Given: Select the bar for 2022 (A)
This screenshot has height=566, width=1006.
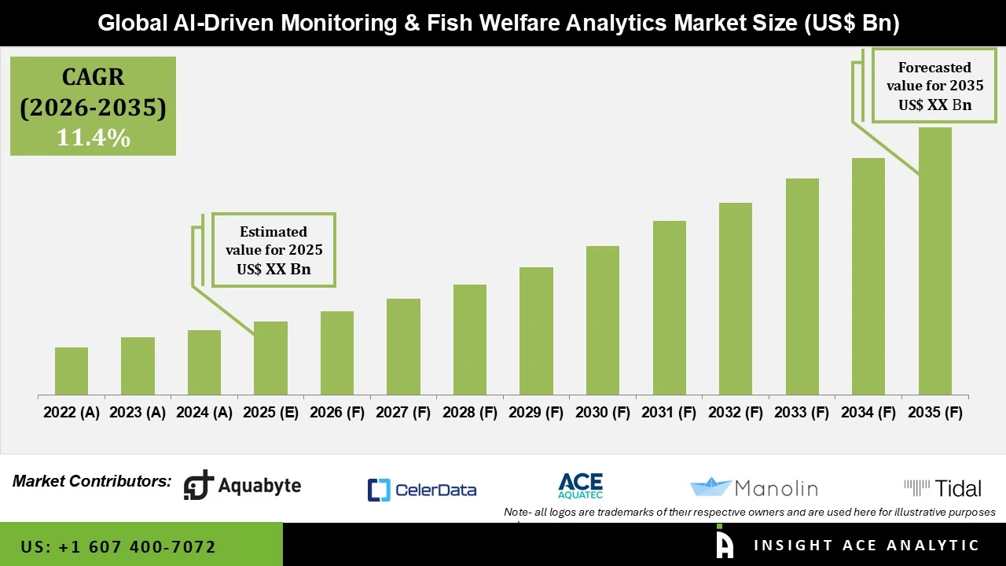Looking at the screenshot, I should coord(72,371).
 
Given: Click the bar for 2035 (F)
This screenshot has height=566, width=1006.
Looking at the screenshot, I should coord(934,261).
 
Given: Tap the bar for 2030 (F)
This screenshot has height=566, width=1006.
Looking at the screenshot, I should coord(603,320).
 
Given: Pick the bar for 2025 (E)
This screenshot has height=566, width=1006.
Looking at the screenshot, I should coord(270,358).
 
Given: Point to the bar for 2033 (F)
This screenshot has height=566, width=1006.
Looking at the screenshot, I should coord(802,286).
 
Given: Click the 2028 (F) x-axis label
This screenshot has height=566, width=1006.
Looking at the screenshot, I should coord(470,413).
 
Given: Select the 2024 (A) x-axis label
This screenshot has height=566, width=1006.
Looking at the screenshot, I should coord(204,413).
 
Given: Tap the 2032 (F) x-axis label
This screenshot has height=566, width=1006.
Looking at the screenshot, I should coord(736,413).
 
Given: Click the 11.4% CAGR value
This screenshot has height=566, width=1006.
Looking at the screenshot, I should coord(93,138).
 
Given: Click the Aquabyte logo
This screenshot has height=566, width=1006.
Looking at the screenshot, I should coord(242,486).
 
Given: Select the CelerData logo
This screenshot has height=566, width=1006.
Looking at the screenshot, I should coord(422,490).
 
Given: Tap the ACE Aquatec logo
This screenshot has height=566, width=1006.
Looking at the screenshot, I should coord(580,486).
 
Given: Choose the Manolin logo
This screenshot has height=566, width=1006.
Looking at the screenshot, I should coord(754,488).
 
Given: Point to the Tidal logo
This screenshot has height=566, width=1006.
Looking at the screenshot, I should coord(942,488).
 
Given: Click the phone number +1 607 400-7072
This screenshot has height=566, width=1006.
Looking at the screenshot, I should coord(118,546).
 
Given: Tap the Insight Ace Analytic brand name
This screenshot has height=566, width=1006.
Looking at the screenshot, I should coord(866,546).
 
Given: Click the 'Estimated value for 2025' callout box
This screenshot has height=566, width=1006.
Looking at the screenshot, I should coord(274,250).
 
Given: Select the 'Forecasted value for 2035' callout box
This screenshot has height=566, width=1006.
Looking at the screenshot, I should coord(934,86).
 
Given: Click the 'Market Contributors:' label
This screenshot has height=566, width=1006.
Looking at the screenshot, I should coord(92,481).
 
